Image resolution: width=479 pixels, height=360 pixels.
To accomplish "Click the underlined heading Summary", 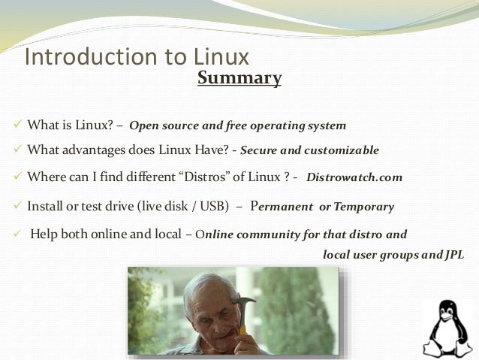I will [x=239, y=78].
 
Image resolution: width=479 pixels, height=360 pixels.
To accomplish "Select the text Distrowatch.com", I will [x=354, y=178].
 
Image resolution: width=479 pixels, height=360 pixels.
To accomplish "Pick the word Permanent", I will [x=282, y=206].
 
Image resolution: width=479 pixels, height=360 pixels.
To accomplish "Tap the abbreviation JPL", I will [x=452, y=255].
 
